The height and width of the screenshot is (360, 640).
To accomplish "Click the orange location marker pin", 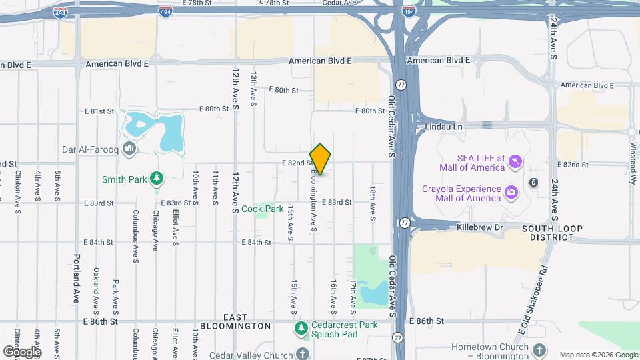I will [320, 159].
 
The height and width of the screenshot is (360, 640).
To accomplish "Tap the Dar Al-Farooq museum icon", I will [129, 148].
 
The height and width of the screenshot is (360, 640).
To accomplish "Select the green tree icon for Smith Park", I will [156, 178].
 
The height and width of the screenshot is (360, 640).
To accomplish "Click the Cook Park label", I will [263, 209].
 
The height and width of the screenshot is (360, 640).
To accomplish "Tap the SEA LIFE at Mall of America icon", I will [515, 161].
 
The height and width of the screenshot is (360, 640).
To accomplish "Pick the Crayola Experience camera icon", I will [511, 193].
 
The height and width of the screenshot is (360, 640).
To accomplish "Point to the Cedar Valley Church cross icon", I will [303, 354].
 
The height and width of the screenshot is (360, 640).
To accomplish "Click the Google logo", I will [22, 351].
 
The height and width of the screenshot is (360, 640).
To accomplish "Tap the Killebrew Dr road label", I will [479, 227].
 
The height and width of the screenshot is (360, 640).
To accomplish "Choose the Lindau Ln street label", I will [443, 125].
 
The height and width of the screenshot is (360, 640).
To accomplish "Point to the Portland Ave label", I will [77, 279].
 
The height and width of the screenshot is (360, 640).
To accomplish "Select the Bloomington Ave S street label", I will [313, 200].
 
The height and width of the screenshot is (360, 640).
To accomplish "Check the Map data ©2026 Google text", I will [598, 355].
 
